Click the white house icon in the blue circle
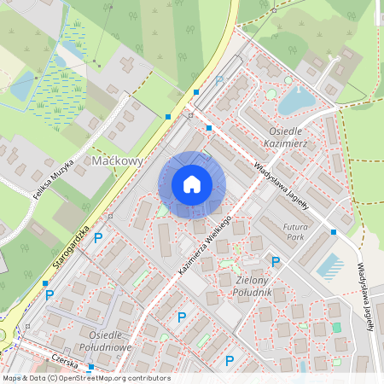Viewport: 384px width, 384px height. tap(192, 184)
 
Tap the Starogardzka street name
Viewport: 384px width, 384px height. tap(71, 249)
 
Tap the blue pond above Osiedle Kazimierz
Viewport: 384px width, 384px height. tap(296, 101)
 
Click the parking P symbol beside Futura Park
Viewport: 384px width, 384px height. tap(275, 262)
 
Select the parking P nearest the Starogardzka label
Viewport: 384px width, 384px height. tap(97, 238)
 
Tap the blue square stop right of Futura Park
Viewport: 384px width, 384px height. tap(334, 232)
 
